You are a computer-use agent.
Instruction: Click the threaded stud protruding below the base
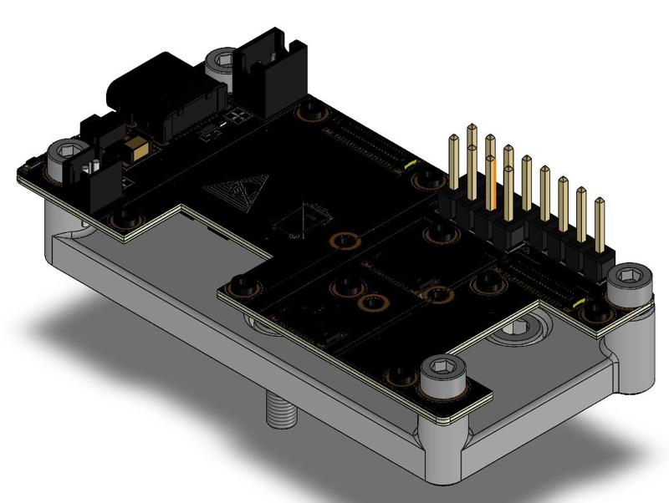281,410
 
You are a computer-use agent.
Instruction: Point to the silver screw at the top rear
222,62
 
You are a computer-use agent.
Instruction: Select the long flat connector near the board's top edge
368,142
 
